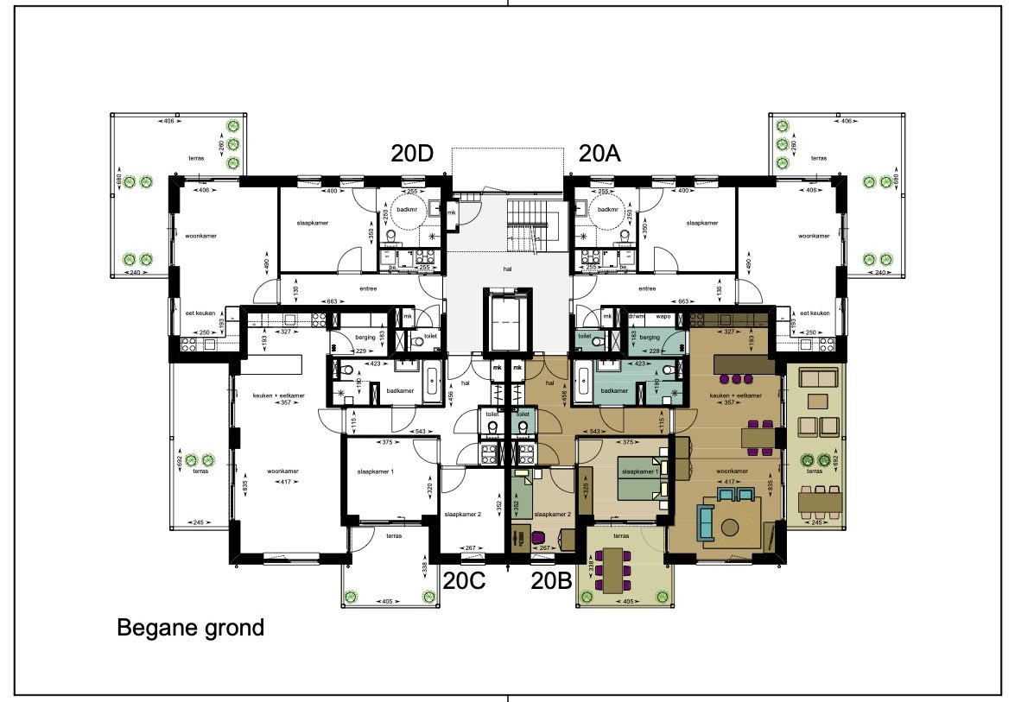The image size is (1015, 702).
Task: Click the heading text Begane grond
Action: pyautogui.click(x=190, y=628)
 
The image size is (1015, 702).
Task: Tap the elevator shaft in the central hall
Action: pyautogui.click(x=507, y=320)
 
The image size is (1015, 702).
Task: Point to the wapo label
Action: pyautogui.click(x=664, y=316)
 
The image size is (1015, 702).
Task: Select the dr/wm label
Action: pyautogui.click(x=638, y=316)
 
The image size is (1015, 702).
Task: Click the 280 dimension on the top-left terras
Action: pyautogui.click(x=221, y=161)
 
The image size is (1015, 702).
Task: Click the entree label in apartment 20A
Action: pyautogui.click(x=647, y=289)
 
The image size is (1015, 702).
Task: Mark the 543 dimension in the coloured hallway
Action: pyautogui.click(x=595, y=430)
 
